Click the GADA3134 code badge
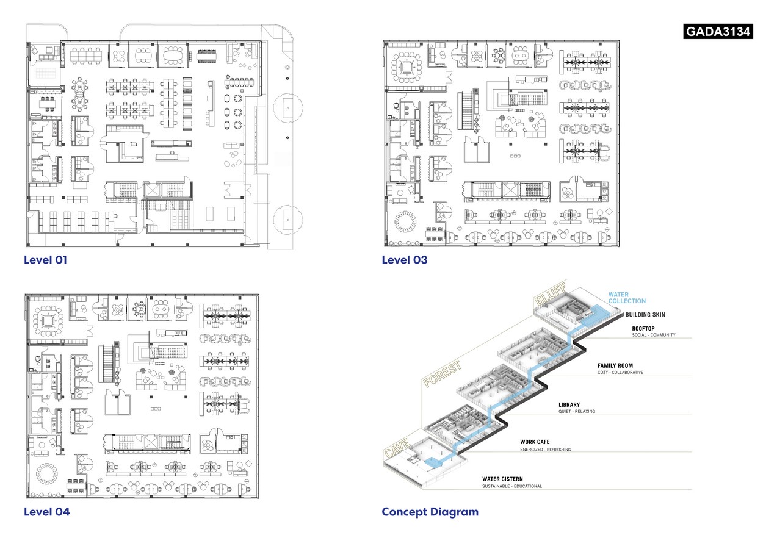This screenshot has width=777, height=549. (x=718, y=31)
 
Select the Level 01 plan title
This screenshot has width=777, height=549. (x=45, y=260)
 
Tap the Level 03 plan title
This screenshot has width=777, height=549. (x=404, y=260)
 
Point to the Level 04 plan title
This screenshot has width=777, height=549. (x=46, y=512)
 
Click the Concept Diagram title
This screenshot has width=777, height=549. (x=430, y=512)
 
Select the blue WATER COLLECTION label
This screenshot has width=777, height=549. (x=626, y=298)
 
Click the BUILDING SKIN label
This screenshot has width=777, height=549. (x=645, y=315)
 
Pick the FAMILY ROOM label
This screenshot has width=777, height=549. (x=615, y=366)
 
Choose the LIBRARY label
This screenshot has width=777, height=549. (x=569, y=404)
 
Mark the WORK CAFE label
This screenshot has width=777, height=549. (x=537, y=442)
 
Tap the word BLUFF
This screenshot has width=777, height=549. (x=550, y=293)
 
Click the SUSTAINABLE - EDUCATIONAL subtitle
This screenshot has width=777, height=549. (x=511, y=486)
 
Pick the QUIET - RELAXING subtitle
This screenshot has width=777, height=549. (x=576, y=411)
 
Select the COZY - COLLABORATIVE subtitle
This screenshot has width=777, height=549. (x=620, y=373)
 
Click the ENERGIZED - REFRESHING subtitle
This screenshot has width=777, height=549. (x=545, y=449)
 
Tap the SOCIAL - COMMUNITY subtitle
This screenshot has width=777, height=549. (x=653, y=334)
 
